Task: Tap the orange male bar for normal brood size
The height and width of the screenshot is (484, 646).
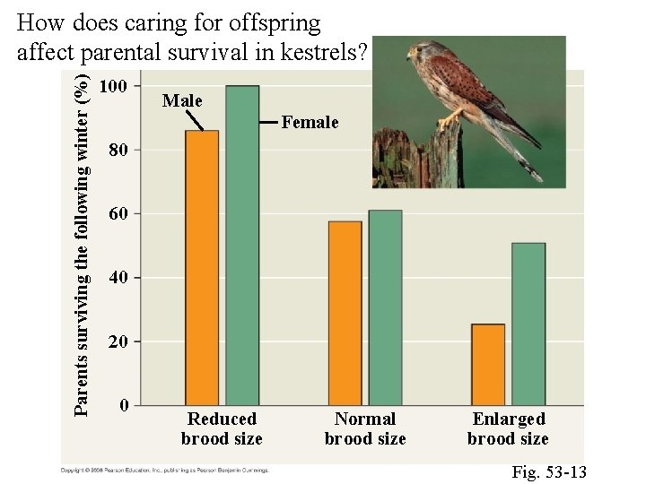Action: [x=345, y=313]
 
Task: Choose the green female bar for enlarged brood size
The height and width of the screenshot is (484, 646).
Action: [x=528, y=324]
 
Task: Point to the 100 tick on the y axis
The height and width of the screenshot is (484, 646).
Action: [x=119, y=87]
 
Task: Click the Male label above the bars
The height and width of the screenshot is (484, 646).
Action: [x=182, y=101]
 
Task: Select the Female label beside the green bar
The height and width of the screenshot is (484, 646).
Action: [x=310, y=122]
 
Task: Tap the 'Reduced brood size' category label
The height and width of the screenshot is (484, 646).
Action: [x=222, y=428]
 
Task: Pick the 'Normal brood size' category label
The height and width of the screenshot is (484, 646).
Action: [x=365, y=428]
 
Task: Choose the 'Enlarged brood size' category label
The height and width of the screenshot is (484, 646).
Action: [x=508, y=428]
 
